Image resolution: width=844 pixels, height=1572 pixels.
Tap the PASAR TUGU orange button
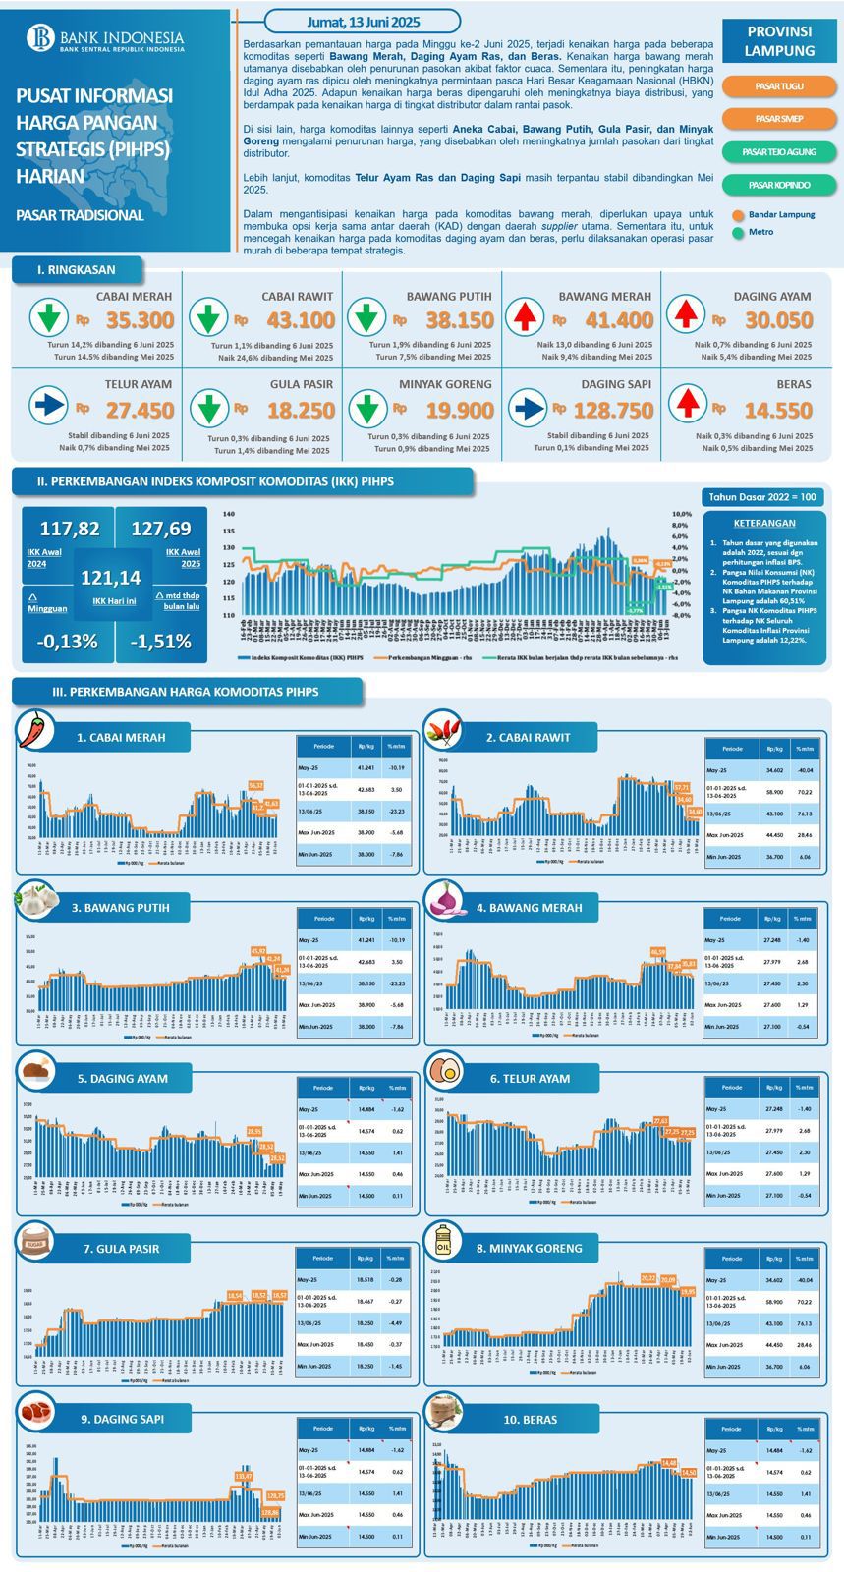click(779, 86)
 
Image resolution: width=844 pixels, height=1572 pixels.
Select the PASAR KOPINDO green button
click(779, 185)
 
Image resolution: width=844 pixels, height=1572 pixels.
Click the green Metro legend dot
click(738, 233)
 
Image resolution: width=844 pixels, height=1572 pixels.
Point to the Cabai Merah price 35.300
click(140, 320)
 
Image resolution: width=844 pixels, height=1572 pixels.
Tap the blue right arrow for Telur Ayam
click(47, 405)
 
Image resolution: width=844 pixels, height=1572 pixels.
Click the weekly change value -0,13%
click(67, 642)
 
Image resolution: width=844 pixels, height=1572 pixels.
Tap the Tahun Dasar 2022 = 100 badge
click(762, 497)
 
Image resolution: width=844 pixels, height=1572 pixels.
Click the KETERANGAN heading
click(763, 524)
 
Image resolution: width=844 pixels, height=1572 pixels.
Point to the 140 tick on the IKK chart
click(228, 514)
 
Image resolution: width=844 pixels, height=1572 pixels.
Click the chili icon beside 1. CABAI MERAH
click(36, 729)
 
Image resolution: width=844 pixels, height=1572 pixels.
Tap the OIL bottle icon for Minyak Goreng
click(444, 1242)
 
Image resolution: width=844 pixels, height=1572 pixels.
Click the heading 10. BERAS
click(530, 1420)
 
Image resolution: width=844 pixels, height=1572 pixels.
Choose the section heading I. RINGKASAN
click(77, 269)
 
